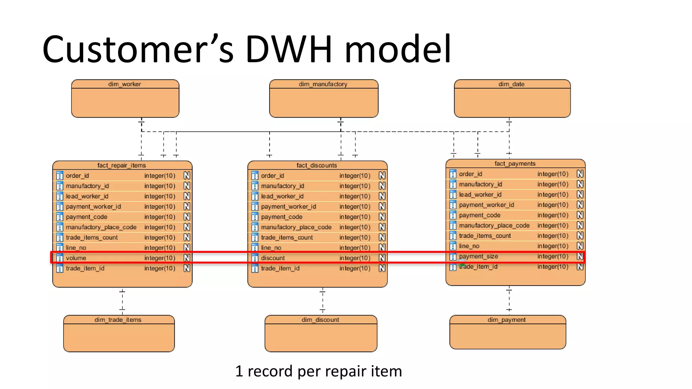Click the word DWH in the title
click(289, 49)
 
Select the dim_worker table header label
click(124, 84)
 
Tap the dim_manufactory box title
click(323, 84)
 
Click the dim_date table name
click(511, 84)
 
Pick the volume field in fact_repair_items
click(76, 258)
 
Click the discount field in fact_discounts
click(273, 258)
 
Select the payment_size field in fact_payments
click(478, 256)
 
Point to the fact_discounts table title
click(317, 165)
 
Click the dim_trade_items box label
click(118, 320)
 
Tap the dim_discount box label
click(320, 320)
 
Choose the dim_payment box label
click(506, 320)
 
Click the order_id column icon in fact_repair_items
click(60, 176)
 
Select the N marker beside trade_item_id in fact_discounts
click(382, 268)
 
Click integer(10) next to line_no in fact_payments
click(553, 246)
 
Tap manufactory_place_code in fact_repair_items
click(101, 227)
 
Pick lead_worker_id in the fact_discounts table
click(282, 196)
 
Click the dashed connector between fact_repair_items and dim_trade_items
click(122, 301)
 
